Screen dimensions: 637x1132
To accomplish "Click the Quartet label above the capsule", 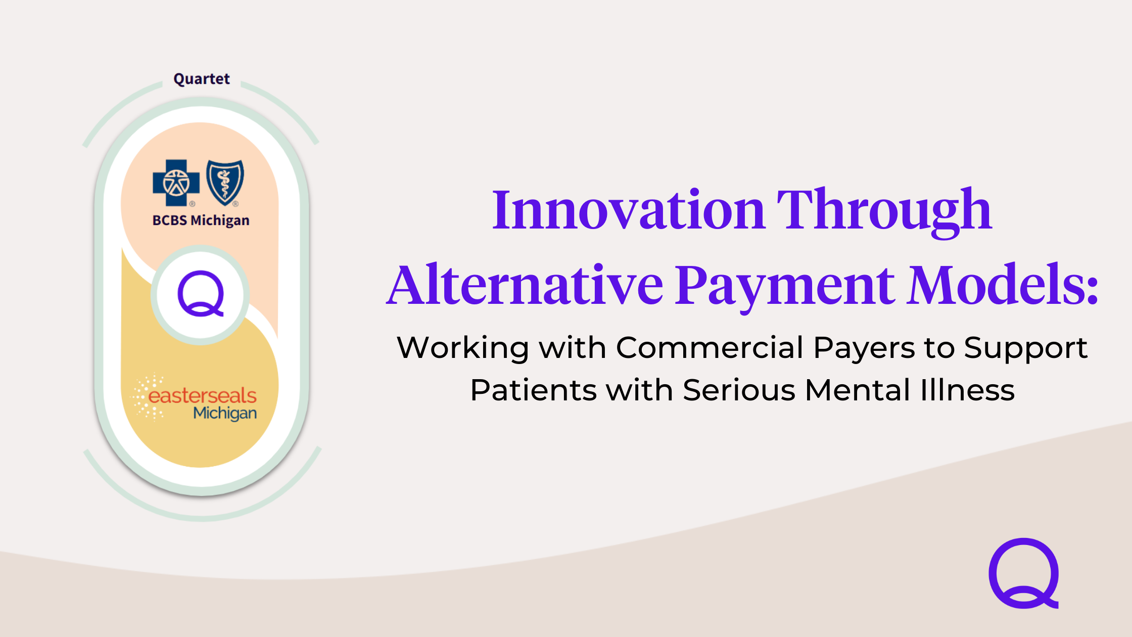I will [x=201, y=79].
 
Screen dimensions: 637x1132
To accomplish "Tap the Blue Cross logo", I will [x=176, y=183].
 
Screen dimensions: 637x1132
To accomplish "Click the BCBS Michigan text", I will [x=201, y=220].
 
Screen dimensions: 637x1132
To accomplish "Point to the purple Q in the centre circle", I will [x=201, y=294].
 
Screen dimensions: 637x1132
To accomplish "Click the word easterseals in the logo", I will [x=202, y=395].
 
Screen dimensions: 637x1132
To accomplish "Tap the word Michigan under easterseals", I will [x=225, y=414].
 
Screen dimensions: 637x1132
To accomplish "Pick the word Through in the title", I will [x=884, y=209].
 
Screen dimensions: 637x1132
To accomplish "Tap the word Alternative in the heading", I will [x=526, y=285].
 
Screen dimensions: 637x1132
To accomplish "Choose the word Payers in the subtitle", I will [x=865, y=348].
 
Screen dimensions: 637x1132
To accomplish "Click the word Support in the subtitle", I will [x=1025, y=349].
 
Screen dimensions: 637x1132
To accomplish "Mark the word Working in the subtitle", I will [x=463, y=348].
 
